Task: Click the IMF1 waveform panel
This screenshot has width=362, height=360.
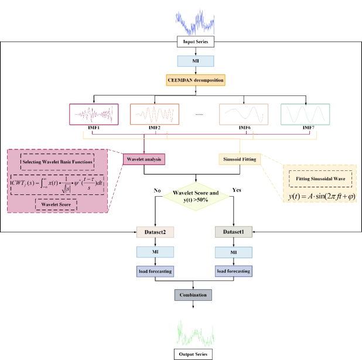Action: tap(94, 114)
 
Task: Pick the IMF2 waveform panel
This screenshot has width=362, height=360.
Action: tap(155, 114)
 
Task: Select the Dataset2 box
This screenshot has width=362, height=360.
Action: tap(153, 232)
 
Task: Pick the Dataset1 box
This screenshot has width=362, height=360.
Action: tap(234, 232)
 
